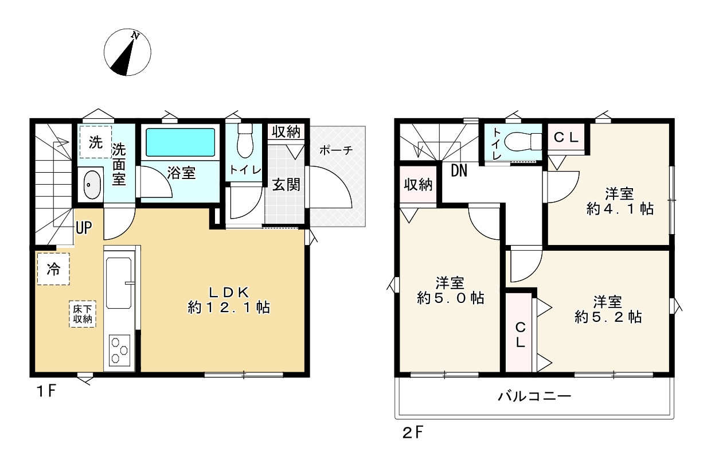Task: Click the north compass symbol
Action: [x=127, y=53]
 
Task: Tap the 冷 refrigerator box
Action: [x=53, y=269]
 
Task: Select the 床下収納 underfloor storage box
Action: [x=83, y=314]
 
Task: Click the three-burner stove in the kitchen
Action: [x=119, y=349]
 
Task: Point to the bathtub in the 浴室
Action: [x=180, y=142]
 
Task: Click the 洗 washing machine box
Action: [x=95, y=142]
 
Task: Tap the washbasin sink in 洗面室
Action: [x=91, y=184]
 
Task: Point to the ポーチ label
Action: [x=335, y=150]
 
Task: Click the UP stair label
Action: [x=84, y=228]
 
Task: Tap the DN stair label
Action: [x=458, y=170]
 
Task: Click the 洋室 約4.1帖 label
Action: [x=620, y=201]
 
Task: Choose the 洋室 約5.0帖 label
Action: [x=450, y=290]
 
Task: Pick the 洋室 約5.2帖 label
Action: [x=608, y=309]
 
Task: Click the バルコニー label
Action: [x=534, y=396]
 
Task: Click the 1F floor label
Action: [x=46, y=392]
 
